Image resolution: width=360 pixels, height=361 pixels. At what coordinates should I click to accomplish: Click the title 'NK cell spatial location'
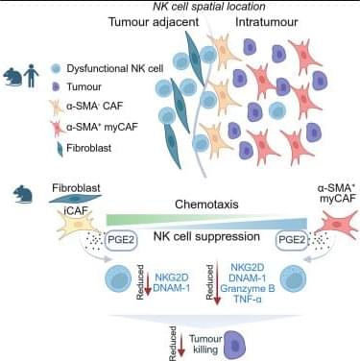(x=209, y=7)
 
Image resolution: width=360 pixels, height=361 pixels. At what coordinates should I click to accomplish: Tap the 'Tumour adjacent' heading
(x=154, y=22)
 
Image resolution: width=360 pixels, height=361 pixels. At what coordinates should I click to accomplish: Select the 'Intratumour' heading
(x=267, y=22)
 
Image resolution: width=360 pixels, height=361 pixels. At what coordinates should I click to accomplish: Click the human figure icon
(x=31, y=76)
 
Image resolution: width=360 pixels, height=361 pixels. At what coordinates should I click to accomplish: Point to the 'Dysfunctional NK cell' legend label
(x=115, y=68)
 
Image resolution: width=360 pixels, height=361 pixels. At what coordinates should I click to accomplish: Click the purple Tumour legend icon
(x=56, y=86)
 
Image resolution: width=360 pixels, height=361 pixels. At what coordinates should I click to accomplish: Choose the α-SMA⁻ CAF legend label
(x=94, y=106)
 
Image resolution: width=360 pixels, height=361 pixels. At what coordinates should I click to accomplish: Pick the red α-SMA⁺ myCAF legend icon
(x=57, y=127)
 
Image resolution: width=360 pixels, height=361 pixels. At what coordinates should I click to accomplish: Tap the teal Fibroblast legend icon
(x=60, y=149)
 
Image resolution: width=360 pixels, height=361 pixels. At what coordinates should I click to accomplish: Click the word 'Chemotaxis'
(x=206, y=205)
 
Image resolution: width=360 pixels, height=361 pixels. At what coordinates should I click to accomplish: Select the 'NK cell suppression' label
(x=206, y=236)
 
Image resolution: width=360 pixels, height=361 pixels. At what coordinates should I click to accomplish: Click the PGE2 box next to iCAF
(x=121, y=240)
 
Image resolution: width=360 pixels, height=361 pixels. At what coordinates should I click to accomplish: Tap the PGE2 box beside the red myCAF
(x=292, y=240)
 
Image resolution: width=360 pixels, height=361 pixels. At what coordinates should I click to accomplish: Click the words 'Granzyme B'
(x=248, y=288)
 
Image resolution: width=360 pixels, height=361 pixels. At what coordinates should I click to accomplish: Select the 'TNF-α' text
(x=248, y=299)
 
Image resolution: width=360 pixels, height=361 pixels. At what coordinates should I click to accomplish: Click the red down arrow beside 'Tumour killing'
(x=181, y=345)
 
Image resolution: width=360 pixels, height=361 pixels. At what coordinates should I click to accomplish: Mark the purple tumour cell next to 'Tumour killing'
(x=235, y=345)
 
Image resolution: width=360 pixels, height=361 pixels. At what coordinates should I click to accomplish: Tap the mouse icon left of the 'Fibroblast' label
(x=23, y=194)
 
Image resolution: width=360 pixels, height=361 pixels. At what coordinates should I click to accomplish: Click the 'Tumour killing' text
(x=205, y=344)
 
